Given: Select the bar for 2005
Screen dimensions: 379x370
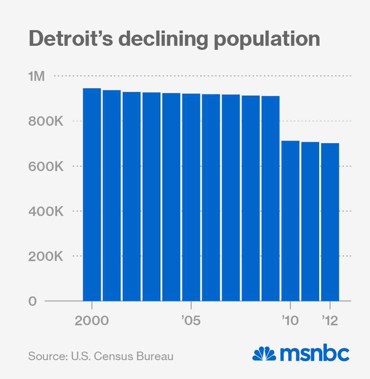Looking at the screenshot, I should [191, 197].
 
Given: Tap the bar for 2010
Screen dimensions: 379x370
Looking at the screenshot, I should [290, 220].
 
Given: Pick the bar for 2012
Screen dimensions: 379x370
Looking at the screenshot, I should [330, 222].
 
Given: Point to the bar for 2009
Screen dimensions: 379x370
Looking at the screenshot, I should [271, 198].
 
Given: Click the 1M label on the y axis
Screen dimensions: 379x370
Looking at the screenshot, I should [37, 76].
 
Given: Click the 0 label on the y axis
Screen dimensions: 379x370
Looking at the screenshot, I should [32, 301].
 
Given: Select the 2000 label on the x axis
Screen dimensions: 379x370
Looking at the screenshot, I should [92, 322].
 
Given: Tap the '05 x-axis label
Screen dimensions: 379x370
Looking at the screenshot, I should [191, 322].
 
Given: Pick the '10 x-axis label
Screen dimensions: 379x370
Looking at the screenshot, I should [290, 322].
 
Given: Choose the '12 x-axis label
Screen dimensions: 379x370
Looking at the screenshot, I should [330, 322].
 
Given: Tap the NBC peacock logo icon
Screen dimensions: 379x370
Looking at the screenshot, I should [264, 354].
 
